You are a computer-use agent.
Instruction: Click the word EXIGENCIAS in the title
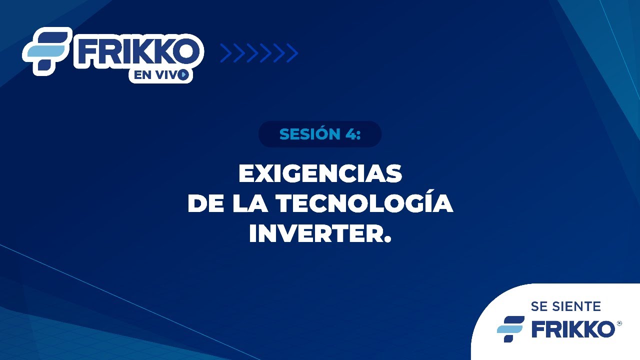click(x=320, y=174)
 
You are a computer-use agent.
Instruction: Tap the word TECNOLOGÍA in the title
click(x=364, y=203)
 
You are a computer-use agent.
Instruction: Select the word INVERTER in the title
click(x=315, y=233)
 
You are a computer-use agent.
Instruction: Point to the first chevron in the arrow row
click(x=225, y=53)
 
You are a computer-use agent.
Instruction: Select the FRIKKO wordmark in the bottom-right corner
click(x=573, y=329)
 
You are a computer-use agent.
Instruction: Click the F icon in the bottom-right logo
click(x=510, y=329)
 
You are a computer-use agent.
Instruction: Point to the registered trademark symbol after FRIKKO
click(x=619, y=323)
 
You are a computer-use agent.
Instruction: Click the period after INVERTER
click(x=387, y=240)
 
